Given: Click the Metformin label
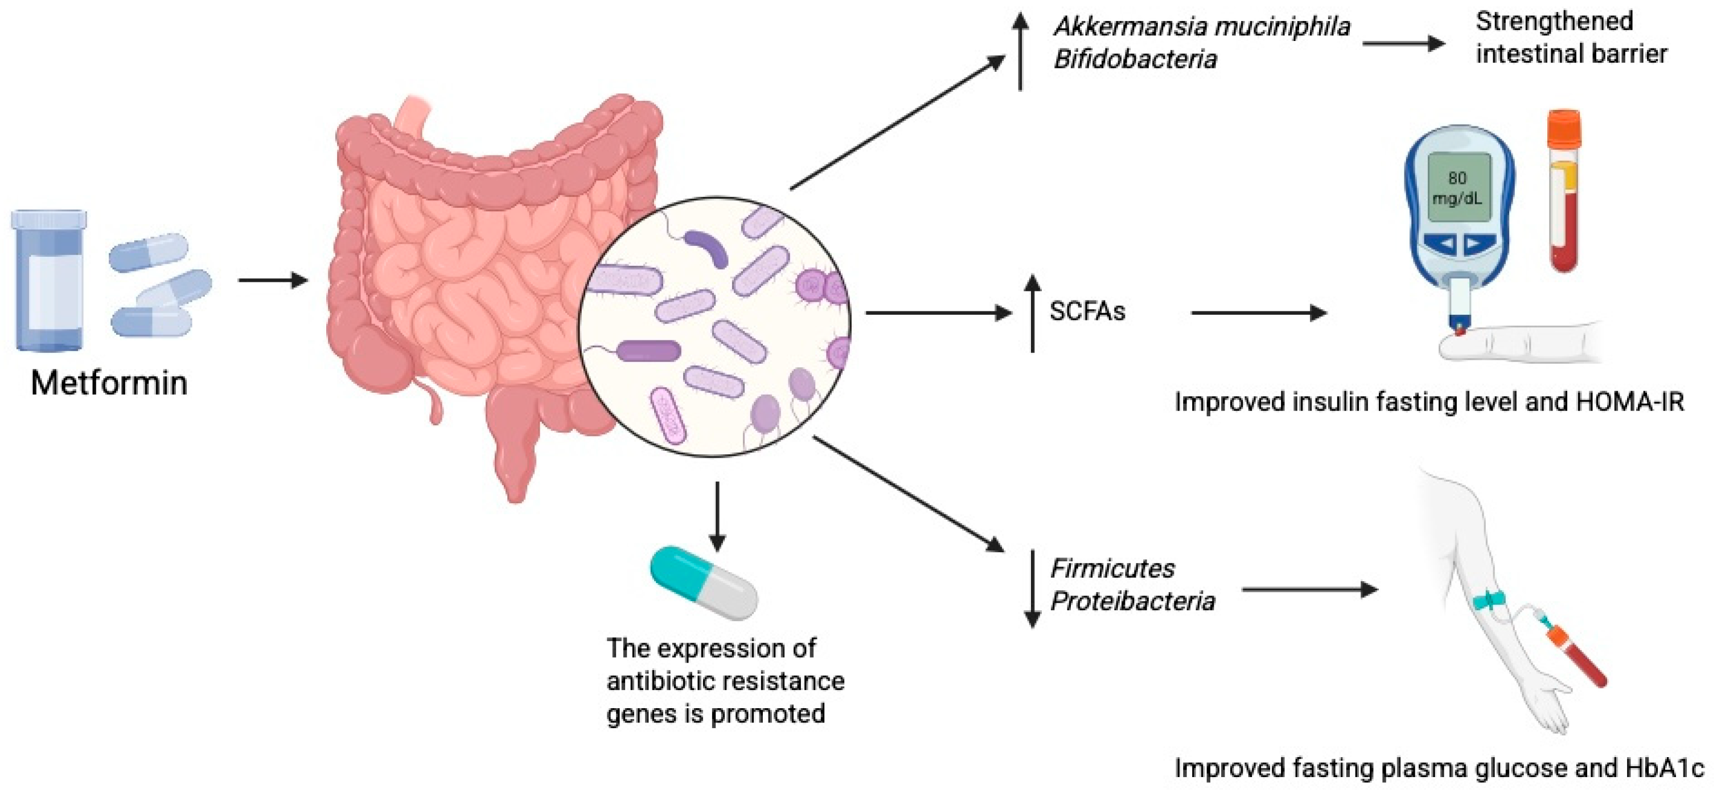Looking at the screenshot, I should tap(109, 383).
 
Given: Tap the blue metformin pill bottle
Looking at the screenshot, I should tap(48, 280).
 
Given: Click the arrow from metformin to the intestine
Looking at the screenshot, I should tap(272, 280).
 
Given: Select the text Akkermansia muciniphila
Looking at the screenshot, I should tap(1202, 27).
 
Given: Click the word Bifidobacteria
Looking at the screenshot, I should tap(1135, 60).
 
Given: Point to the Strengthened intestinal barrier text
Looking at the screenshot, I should tap(1570, 38).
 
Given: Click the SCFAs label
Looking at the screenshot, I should tap(1087, 311).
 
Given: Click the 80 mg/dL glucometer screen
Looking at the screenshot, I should tap(1458, 188).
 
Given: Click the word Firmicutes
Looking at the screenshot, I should tap(1112, 569).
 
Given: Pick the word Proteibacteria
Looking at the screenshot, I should tap(1132, 602).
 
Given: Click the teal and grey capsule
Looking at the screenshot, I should tap(704, 582).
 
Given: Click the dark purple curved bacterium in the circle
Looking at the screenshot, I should tap(706, 246).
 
